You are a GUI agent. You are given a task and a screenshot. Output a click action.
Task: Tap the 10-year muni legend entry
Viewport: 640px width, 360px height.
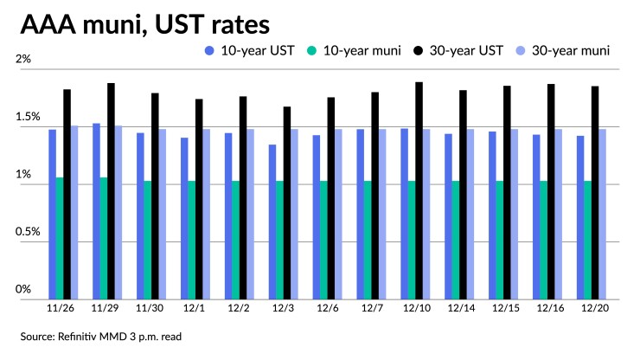[355, 51]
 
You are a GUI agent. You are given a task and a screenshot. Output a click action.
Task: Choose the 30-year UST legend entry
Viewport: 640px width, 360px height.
[463, 51]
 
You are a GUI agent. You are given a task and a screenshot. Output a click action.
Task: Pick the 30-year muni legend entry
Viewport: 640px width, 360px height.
[572, 51]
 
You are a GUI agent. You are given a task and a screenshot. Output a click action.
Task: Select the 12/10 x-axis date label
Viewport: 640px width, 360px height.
[415, 307]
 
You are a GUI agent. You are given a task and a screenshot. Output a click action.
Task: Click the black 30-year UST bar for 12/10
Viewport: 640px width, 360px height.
[419, 190]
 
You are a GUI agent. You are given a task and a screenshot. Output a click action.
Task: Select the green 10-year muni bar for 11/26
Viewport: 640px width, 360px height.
[59, 238]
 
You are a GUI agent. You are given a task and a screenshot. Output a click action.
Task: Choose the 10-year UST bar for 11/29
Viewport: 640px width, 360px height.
[96, 211]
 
